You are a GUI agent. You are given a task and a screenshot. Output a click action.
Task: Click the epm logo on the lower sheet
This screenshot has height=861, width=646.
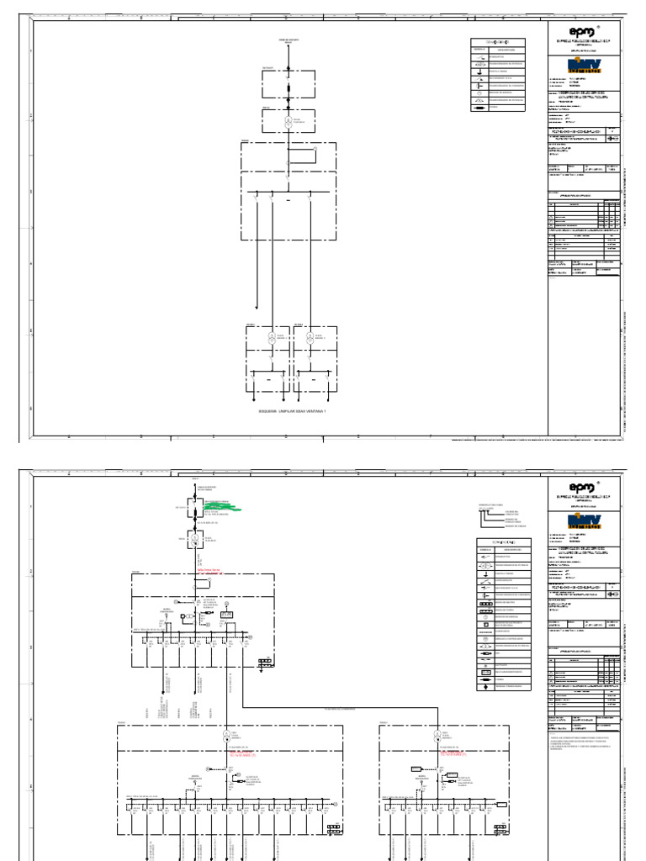[x=582, y=488]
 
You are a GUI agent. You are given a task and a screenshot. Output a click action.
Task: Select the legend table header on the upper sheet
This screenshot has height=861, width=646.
[x=498, y=42]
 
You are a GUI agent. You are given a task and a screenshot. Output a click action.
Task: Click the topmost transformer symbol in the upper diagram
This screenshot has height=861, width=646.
[x=288, y=122]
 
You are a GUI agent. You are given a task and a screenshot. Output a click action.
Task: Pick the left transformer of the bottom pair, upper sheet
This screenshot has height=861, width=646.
[x=272, y=336]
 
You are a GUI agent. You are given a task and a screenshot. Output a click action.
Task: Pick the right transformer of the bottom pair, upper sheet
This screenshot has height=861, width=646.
[x=310, y=336]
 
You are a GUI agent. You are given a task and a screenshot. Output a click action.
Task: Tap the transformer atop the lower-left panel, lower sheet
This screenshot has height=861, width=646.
[x=226, y=736]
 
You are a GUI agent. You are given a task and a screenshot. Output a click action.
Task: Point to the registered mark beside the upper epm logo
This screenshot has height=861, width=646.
[x=599, y=26]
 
